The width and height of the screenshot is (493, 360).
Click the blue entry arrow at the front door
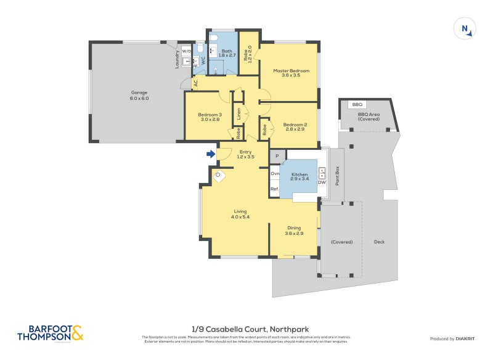[211, 154]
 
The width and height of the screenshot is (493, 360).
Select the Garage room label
[139, 96]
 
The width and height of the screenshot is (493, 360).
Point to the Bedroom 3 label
[210, 117]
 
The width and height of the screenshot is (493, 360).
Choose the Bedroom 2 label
[295, 127]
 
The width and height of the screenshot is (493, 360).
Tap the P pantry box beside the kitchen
[277, 157]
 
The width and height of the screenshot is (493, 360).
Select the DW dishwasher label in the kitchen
[322, 182]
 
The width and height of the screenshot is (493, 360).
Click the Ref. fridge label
[275, 189]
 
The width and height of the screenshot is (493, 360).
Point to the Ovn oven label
[275, 174]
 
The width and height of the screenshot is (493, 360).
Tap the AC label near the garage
[195, 82]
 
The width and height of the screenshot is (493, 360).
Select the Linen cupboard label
[238, 115]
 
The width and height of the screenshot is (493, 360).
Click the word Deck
[379, 242]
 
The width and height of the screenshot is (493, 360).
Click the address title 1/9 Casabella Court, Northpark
[246, 329]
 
